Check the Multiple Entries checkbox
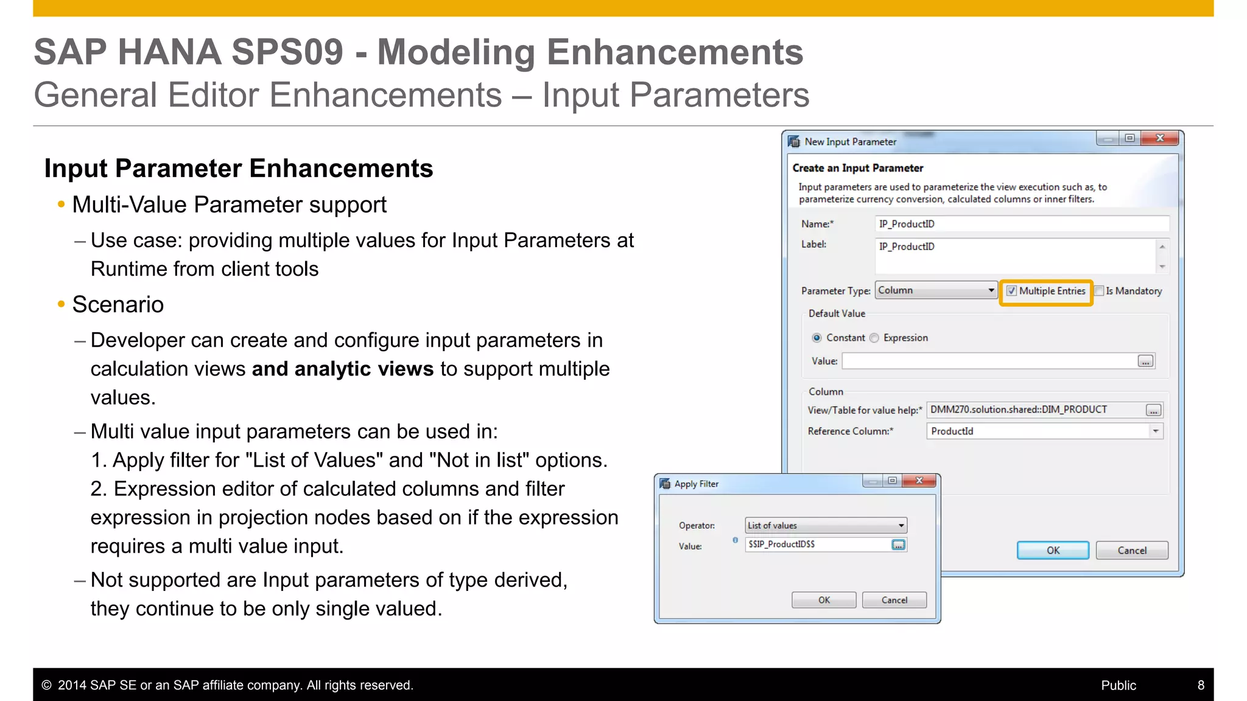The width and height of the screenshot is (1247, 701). click(1011, 291)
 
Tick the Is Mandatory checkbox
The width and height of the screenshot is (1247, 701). click(1100, 291)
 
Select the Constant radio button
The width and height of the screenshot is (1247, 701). click(817, 338)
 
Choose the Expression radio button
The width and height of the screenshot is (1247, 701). click(874, 338)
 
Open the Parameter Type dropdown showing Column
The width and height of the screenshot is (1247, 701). click(936, 290)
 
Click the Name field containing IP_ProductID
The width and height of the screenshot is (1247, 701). click(1022, 224)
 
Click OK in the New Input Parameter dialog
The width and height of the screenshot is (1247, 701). click(1053, 550)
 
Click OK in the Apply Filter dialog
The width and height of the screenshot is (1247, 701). click(823, 600)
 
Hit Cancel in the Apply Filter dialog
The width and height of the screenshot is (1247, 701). click(894, 600)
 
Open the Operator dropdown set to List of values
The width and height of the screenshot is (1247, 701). click(826, 525)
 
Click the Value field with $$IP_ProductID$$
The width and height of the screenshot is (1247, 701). click(817, 544)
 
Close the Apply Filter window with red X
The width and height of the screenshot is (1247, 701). click(919, 481)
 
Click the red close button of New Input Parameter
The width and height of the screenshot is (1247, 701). click(1160, 138)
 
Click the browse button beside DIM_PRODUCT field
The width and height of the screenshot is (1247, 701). click(1153, 410)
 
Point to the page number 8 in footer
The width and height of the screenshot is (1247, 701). click(1201, 685)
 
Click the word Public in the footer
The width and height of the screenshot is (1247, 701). click(1119, 685)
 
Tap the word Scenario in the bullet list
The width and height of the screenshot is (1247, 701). click(118, 304)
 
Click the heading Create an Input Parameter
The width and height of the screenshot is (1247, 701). click(857, 168)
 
